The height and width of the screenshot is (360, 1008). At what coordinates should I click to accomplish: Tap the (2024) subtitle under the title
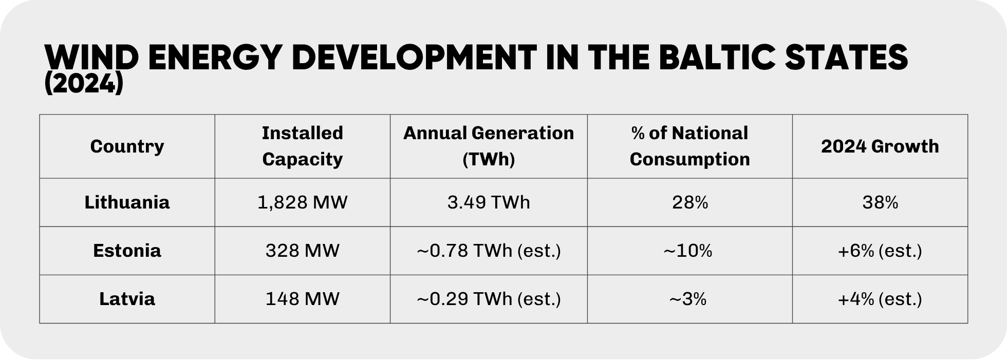click(x=84, y=84)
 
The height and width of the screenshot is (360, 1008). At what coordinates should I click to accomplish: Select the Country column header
click(x=127, y=146)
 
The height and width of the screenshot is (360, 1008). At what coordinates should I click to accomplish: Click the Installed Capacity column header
click(x=302, y=146)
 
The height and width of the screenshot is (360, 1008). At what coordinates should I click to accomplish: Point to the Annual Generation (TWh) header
click(x=489, y=146)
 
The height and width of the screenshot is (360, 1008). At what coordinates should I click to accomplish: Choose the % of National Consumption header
click(x=689, y=146)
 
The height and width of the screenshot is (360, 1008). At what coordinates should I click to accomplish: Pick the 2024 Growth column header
click(x=880, y=146)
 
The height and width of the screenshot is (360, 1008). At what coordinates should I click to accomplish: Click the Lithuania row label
click(x=127, y=202)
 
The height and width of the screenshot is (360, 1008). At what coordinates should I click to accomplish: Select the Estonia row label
click(x=127, y=251)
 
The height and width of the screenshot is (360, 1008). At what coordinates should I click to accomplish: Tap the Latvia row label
click(x=127, y=299)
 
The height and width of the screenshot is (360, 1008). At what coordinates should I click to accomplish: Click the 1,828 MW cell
click(x=302, y=202)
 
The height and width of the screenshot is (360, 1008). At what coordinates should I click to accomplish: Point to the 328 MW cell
click(x=302, y=251)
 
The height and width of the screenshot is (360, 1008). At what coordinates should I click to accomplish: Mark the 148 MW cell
click(x=302, y=299)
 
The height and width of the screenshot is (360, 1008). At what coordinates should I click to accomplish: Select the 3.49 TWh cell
click(x=489, y=202)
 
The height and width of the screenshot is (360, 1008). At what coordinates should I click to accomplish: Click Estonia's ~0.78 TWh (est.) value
click(x=489, y=251)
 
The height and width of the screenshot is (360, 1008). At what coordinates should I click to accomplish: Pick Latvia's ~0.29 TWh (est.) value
click(x=489, y=299)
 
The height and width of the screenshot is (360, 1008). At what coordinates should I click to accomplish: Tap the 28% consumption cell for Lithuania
click(x=689, y=202)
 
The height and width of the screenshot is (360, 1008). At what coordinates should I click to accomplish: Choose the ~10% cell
click(x=688, y=251)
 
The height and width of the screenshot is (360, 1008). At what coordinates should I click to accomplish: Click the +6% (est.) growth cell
click(x=880, y=251)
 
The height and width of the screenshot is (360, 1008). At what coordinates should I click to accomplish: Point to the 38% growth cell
click(x=880, y=202)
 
